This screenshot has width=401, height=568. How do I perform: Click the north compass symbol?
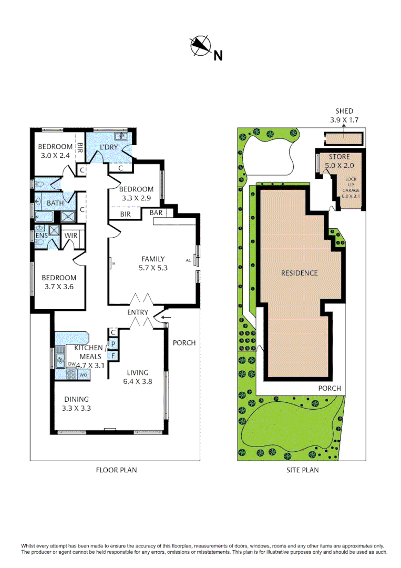pyautogui.click(x=200, y=46)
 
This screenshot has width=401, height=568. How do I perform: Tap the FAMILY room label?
pyautogui.click(x=153, y=259)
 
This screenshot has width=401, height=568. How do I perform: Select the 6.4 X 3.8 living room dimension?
pyautogui.click(x=138, y=382)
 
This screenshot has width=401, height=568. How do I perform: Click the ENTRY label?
pyautogui.click(x=138, y=312)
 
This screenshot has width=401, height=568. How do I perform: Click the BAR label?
pyautogui.click(x=156, y=213)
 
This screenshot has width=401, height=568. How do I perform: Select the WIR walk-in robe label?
pyautogui.click(x=71, y=236)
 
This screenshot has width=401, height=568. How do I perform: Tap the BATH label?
pyautogui.click(x=55, y=203)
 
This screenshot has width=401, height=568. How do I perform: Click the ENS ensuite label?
pyautogui.click(x=41, y=236)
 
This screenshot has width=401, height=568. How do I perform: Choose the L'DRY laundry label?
pyautogui.click(x=109, y=147)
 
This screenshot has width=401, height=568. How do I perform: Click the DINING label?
pyautogui.click(x=74, y=399)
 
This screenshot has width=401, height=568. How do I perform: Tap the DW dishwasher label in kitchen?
pyautogui.click(x=71, y=364)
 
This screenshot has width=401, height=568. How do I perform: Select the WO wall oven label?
pyautogui.click(x=83, y=375)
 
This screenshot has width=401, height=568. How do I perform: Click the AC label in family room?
pyautogui.click(x=189, y=260)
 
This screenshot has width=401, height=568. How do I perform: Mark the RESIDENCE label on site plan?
pyautogui.click(x=299, y=273)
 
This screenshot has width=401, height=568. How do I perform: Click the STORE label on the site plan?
pyautogui.click(x=339, y=157)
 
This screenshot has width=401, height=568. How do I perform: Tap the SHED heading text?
pyautogui.click(x=344, y=111)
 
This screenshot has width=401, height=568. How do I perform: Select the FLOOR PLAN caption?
pyautogui.click(x=116, y=470)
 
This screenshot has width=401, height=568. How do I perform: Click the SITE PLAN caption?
pyautogui.click(x=303, y=470)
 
